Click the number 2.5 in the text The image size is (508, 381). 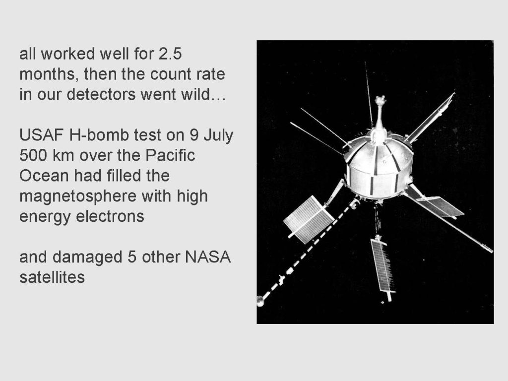(170, 54)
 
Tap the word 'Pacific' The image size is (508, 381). (170, 155)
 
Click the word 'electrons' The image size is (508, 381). (110, 216)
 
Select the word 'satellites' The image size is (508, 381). (52, 277)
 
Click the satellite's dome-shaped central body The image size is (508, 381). (379, 169)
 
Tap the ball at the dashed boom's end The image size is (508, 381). (260, 301)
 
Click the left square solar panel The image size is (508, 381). (309, 220)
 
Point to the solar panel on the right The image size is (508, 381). (441, 206)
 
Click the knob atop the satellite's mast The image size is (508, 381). (380, 100)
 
